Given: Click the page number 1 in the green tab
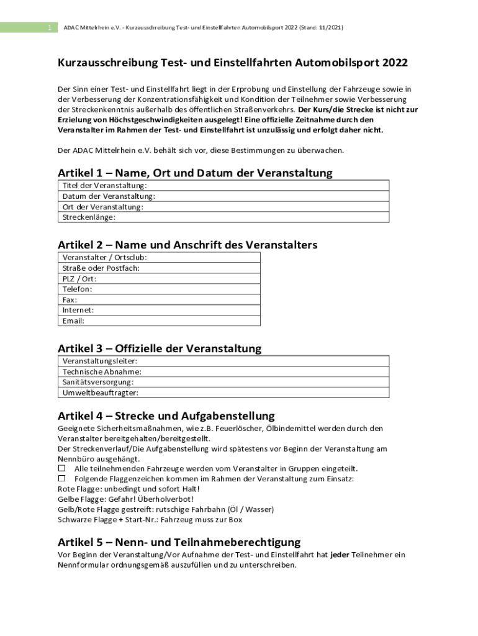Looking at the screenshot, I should click(49, 28).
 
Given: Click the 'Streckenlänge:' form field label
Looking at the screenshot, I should click(89, 217).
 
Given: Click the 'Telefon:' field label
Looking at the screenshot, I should click(78, 289).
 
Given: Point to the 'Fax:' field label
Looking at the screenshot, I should click(70, 300).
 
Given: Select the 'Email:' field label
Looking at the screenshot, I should click(73, 321).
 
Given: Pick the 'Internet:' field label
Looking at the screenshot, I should click(78, 311).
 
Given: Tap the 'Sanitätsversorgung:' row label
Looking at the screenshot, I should click(98, 383).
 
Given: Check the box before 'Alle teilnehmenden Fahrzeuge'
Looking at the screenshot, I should click(61, 468).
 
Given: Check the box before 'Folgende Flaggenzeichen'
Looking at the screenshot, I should click(61, 479).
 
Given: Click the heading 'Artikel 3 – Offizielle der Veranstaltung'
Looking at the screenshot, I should click(160, 348).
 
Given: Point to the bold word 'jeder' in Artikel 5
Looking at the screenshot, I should click(340, 555).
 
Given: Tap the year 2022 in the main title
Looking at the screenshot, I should click(395, 63).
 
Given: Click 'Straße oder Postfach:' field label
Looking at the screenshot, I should click(101, 268).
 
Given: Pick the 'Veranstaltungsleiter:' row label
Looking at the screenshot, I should click(100, 361).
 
